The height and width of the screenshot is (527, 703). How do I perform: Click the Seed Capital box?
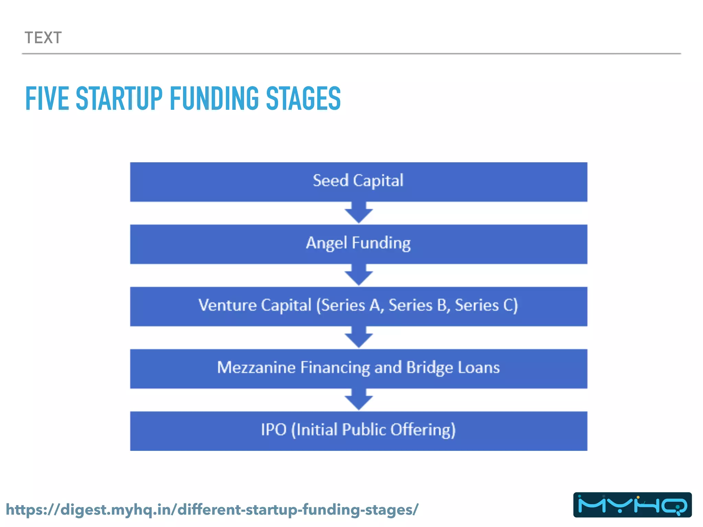click(x=358, y=181)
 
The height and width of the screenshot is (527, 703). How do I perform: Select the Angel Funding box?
click(x=358, y=244)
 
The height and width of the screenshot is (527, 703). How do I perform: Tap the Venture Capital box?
click(x=358, y=306)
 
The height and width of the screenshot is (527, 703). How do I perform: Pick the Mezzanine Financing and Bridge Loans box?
click(x=358, y=368)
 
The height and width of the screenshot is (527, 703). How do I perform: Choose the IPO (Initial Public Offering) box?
click(x=358, y=431)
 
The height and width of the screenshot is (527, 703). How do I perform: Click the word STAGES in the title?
click(x=303, y=99)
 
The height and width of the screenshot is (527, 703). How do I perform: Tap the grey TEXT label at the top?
click(x=43, y=38)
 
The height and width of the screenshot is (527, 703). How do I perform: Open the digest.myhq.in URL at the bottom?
click(x=212, y=510)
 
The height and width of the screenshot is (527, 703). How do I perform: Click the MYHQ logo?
click(x=632, y=505)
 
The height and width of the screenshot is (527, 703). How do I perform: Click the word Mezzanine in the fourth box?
click(x=256, y=367)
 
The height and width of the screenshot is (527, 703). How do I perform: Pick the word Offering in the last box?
click(x=423, y=430)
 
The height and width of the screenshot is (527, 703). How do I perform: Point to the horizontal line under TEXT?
click(x=351, y=54)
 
